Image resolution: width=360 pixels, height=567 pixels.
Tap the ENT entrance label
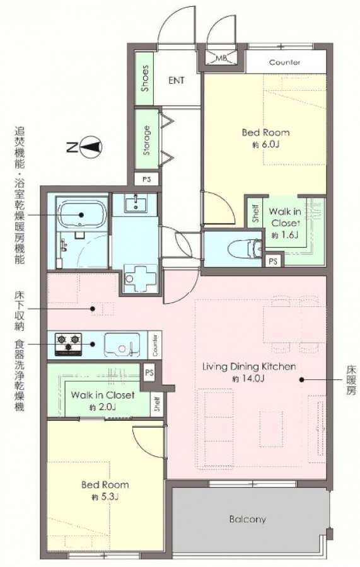(x=176, y=80)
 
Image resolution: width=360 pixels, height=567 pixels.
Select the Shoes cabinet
(x=144, y=78)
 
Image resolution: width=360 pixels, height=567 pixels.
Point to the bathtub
(x=82, y=214)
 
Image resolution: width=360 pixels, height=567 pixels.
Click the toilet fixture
(x=246, y=248)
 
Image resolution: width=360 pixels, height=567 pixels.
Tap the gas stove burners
(x=68, y=344)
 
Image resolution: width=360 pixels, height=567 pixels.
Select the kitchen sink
(x=122, y=345)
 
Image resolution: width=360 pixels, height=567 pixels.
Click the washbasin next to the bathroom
(x=136, y=203)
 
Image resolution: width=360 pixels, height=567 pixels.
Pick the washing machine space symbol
(x=140, y=277)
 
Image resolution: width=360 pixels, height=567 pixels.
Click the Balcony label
(x=248, y=519)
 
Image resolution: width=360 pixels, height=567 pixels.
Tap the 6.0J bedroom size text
(x=266, y=145)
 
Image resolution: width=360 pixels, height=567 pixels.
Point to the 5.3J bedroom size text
(x=105, y=497)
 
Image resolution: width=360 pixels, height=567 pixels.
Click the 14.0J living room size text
(x=249, y=379)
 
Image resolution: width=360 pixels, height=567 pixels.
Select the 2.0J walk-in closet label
(x=103, y=408)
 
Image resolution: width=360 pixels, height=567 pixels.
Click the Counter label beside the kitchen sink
(x=155, y=345)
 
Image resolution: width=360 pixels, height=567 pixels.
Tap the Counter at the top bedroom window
(x=285, y=62)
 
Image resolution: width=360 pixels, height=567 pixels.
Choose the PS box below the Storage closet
(x=146, y=179)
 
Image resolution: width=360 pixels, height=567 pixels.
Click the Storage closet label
(x=146, y=140)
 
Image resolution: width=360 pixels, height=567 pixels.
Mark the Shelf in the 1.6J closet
(x=255, y=214)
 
